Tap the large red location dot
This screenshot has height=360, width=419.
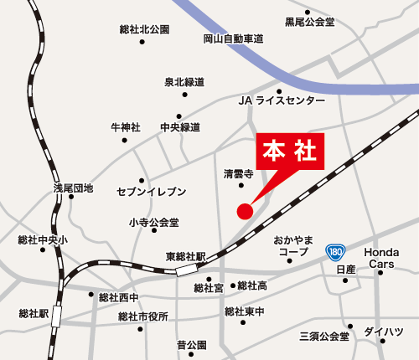[x=245, y=211]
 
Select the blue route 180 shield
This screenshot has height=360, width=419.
[x=335, y=251]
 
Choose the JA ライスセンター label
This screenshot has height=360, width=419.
[x=282, y=100]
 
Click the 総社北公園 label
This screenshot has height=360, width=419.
[x=144, y=29]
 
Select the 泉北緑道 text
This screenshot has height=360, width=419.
[x=184, y=82]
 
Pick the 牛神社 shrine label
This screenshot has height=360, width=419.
[x=126, y=127]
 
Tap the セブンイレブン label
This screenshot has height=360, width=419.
[x=151, y=192]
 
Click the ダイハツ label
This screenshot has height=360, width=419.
[x=383, y=332]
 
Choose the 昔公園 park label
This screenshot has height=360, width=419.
[x=191, y=345]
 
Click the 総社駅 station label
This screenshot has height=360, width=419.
[x=34, y=313]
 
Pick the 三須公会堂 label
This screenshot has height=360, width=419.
[x=324, y=337]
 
